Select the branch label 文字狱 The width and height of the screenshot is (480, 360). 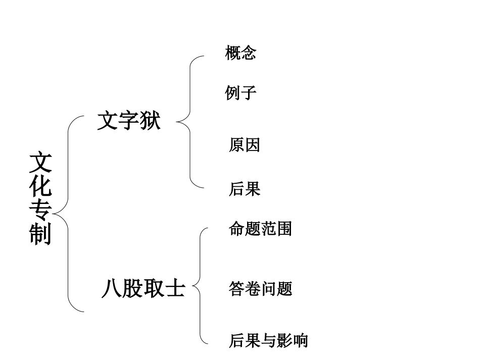[x=128, y=121]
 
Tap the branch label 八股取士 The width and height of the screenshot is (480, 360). [x=143, y=288]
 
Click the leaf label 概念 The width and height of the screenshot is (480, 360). [x=241, y=53]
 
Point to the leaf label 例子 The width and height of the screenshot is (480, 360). [x=241, y=93]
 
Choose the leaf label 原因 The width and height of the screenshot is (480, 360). [x=245, y=145]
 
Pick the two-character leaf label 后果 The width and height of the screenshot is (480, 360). [x=245, y=189]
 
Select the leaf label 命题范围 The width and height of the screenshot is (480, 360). [x=260, y=229]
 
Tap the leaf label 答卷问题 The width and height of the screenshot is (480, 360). [x=260, y=289]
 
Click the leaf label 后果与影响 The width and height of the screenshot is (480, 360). [x=268, y=340]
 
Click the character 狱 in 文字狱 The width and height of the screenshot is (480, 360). [x=150, y=121]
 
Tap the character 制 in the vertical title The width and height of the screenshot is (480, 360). [x=40, y=234]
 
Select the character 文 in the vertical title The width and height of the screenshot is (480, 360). [x=40, y=163]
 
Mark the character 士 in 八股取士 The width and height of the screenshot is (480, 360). [x=175, y=288]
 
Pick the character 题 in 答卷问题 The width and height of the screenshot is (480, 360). [x=284, y=289]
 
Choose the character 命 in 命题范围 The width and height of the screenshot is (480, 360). [x=236, y=229]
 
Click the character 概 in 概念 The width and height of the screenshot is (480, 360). [x=232, y=53]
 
